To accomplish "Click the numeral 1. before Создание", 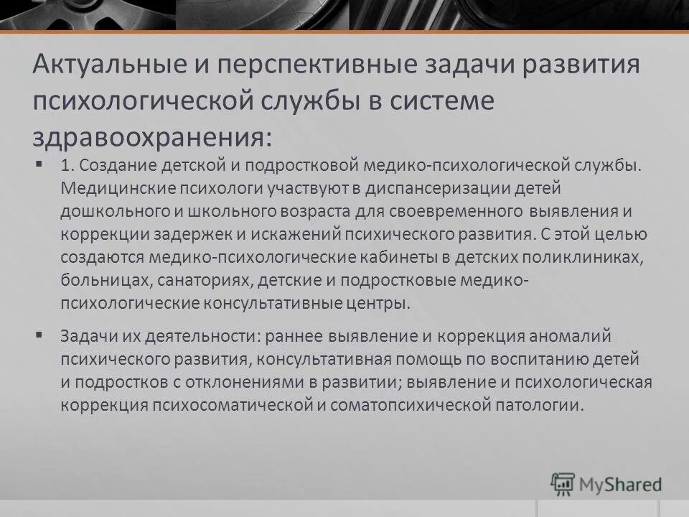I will tap(69, 167).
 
